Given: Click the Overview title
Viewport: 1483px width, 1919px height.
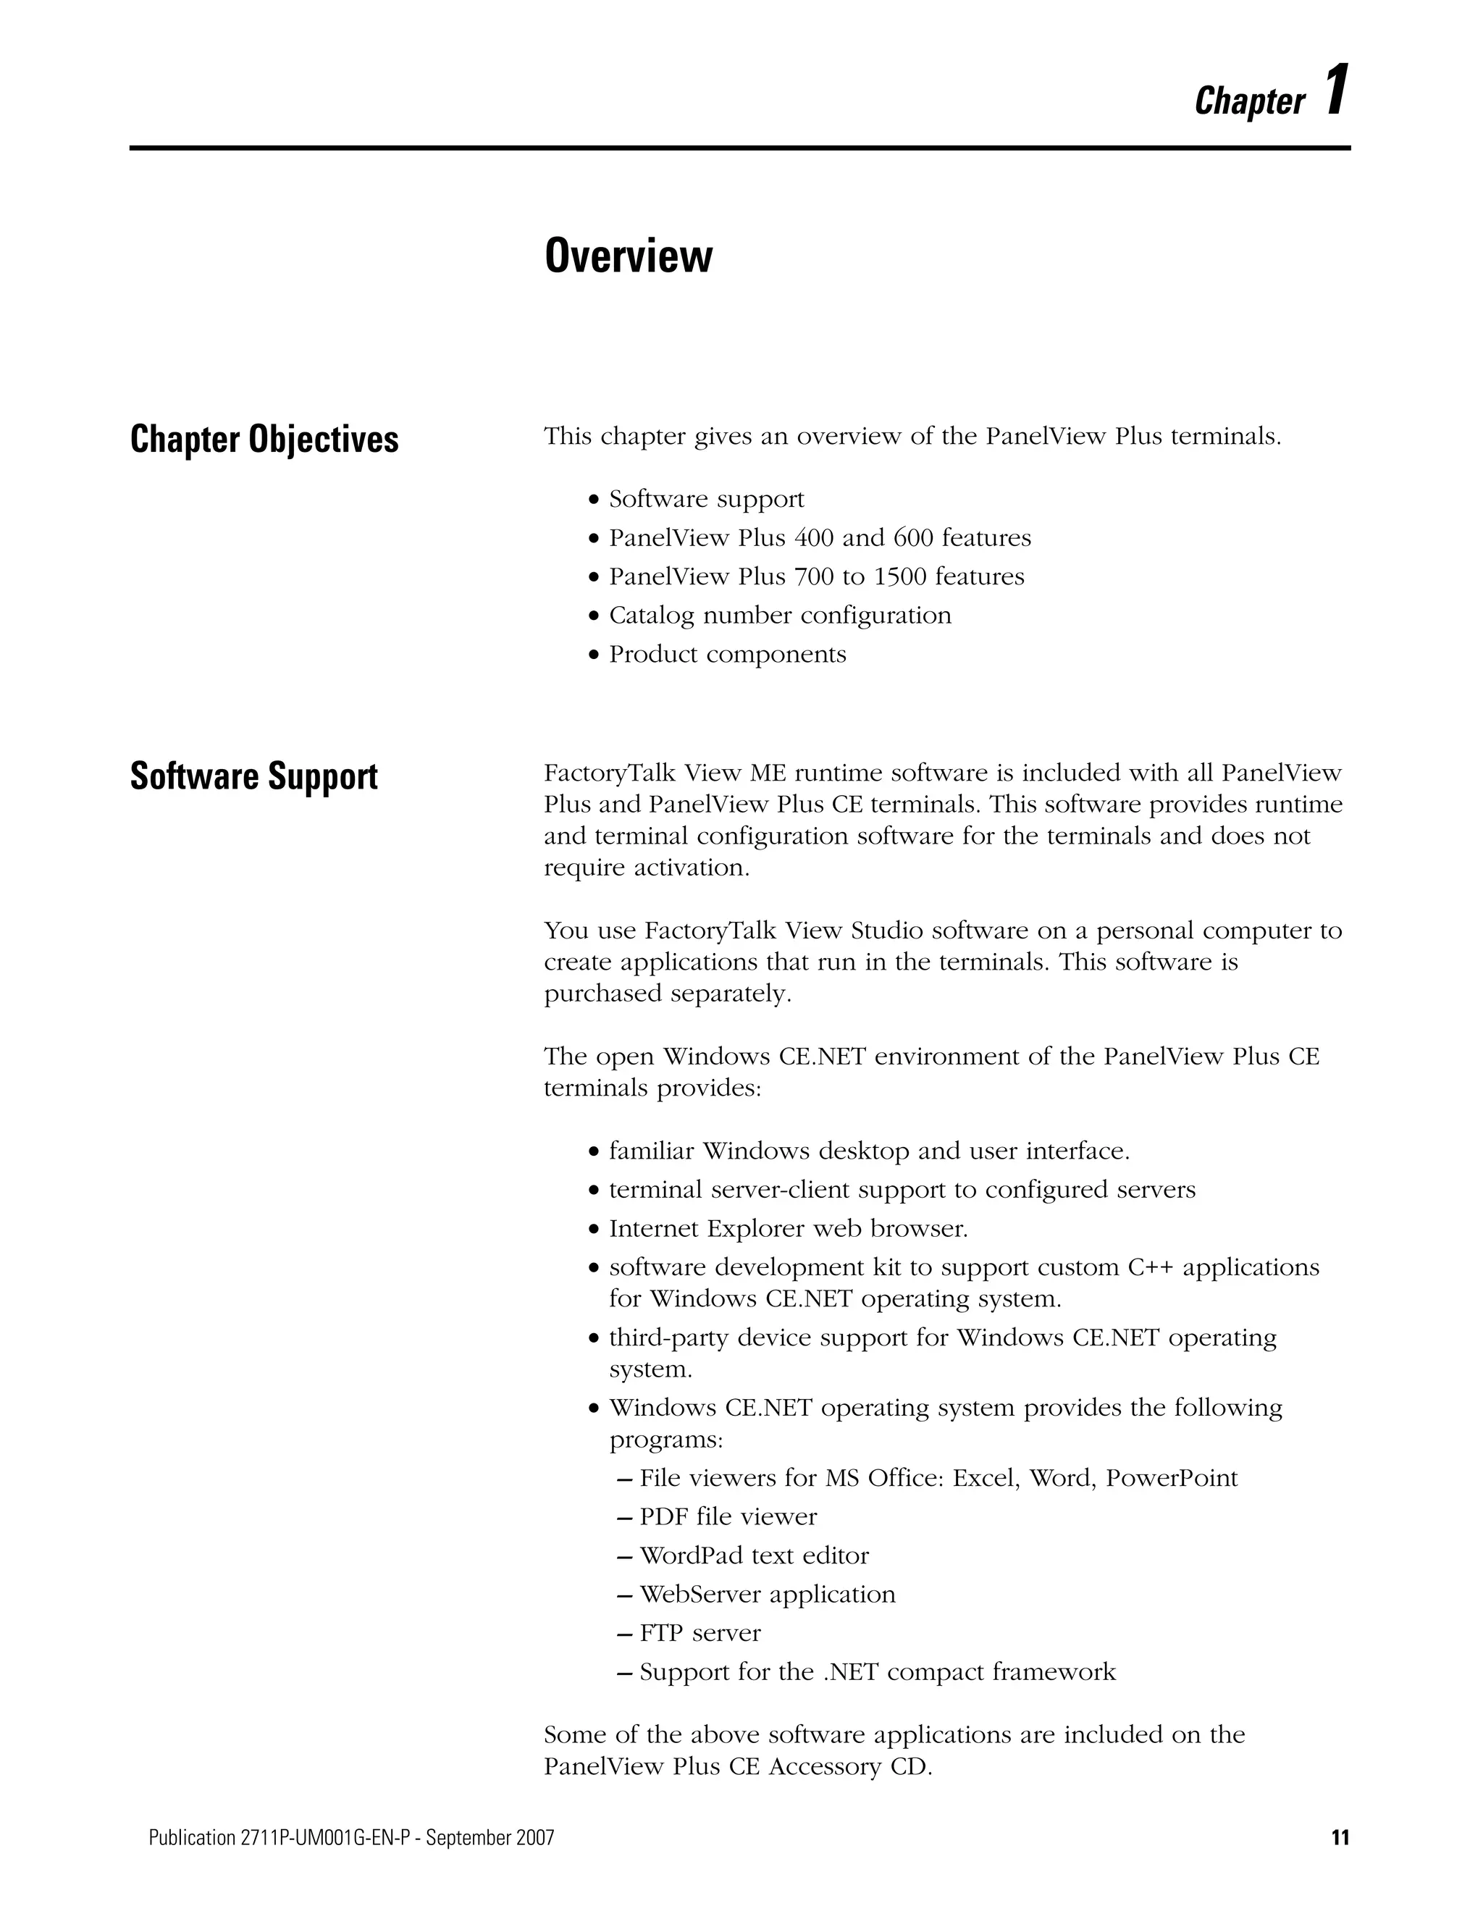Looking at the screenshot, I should point(628,256).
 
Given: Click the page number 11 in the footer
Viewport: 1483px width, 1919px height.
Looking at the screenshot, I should point(1340,1837).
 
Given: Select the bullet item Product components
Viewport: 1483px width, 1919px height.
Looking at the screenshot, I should point(728,654).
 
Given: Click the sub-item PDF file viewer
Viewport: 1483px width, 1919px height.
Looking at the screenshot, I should point(728,1516).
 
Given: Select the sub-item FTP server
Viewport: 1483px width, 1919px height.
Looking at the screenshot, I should point(700,1632).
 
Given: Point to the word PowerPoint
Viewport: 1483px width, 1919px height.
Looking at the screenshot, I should point(1171,1478).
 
